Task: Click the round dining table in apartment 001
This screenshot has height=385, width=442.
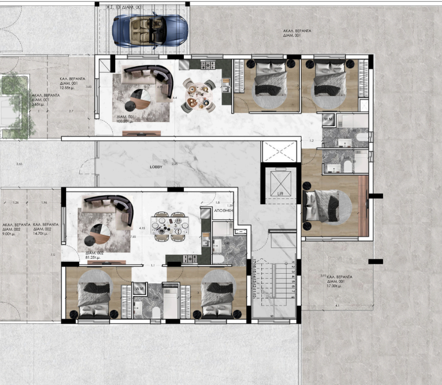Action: click(x=199, y=95)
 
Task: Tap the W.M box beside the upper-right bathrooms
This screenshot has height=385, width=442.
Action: click(x=328, y=119)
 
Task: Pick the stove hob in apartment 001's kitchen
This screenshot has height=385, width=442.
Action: click(x=199, y=64)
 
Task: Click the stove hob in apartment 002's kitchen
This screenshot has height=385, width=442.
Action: click(x=191, y=259)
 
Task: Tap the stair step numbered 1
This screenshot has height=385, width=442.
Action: click(x=292, y=263)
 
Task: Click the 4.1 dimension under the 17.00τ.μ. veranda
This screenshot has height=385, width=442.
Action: click(x=337, y=305)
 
